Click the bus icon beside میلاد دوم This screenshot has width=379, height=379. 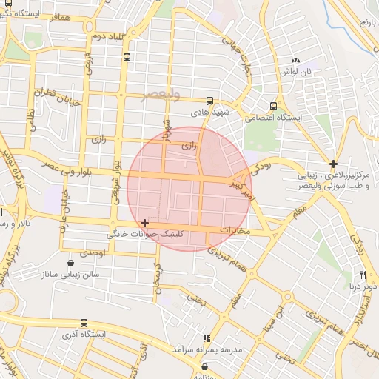coord(127,56)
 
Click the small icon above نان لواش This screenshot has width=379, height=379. coord(296,60)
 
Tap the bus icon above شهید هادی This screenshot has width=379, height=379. coord(209,101)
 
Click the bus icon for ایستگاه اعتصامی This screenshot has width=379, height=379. coord(274,106)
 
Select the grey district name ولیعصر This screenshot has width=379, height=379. coord(164,94)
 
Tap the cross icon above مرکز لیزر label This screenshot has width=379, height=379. coord(334,164)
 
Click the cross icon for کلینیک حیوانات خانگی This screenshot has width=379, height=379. coord(144,223)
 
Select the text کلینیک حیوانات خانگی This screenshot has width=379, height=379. coord(147,235)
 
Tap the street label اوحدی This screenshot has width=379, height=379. coord(95,253)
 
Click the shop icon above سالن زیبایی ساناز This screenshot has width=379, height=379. coord(70,262)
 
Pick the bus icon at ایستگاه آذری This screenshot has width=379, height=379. coord(84,323)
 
